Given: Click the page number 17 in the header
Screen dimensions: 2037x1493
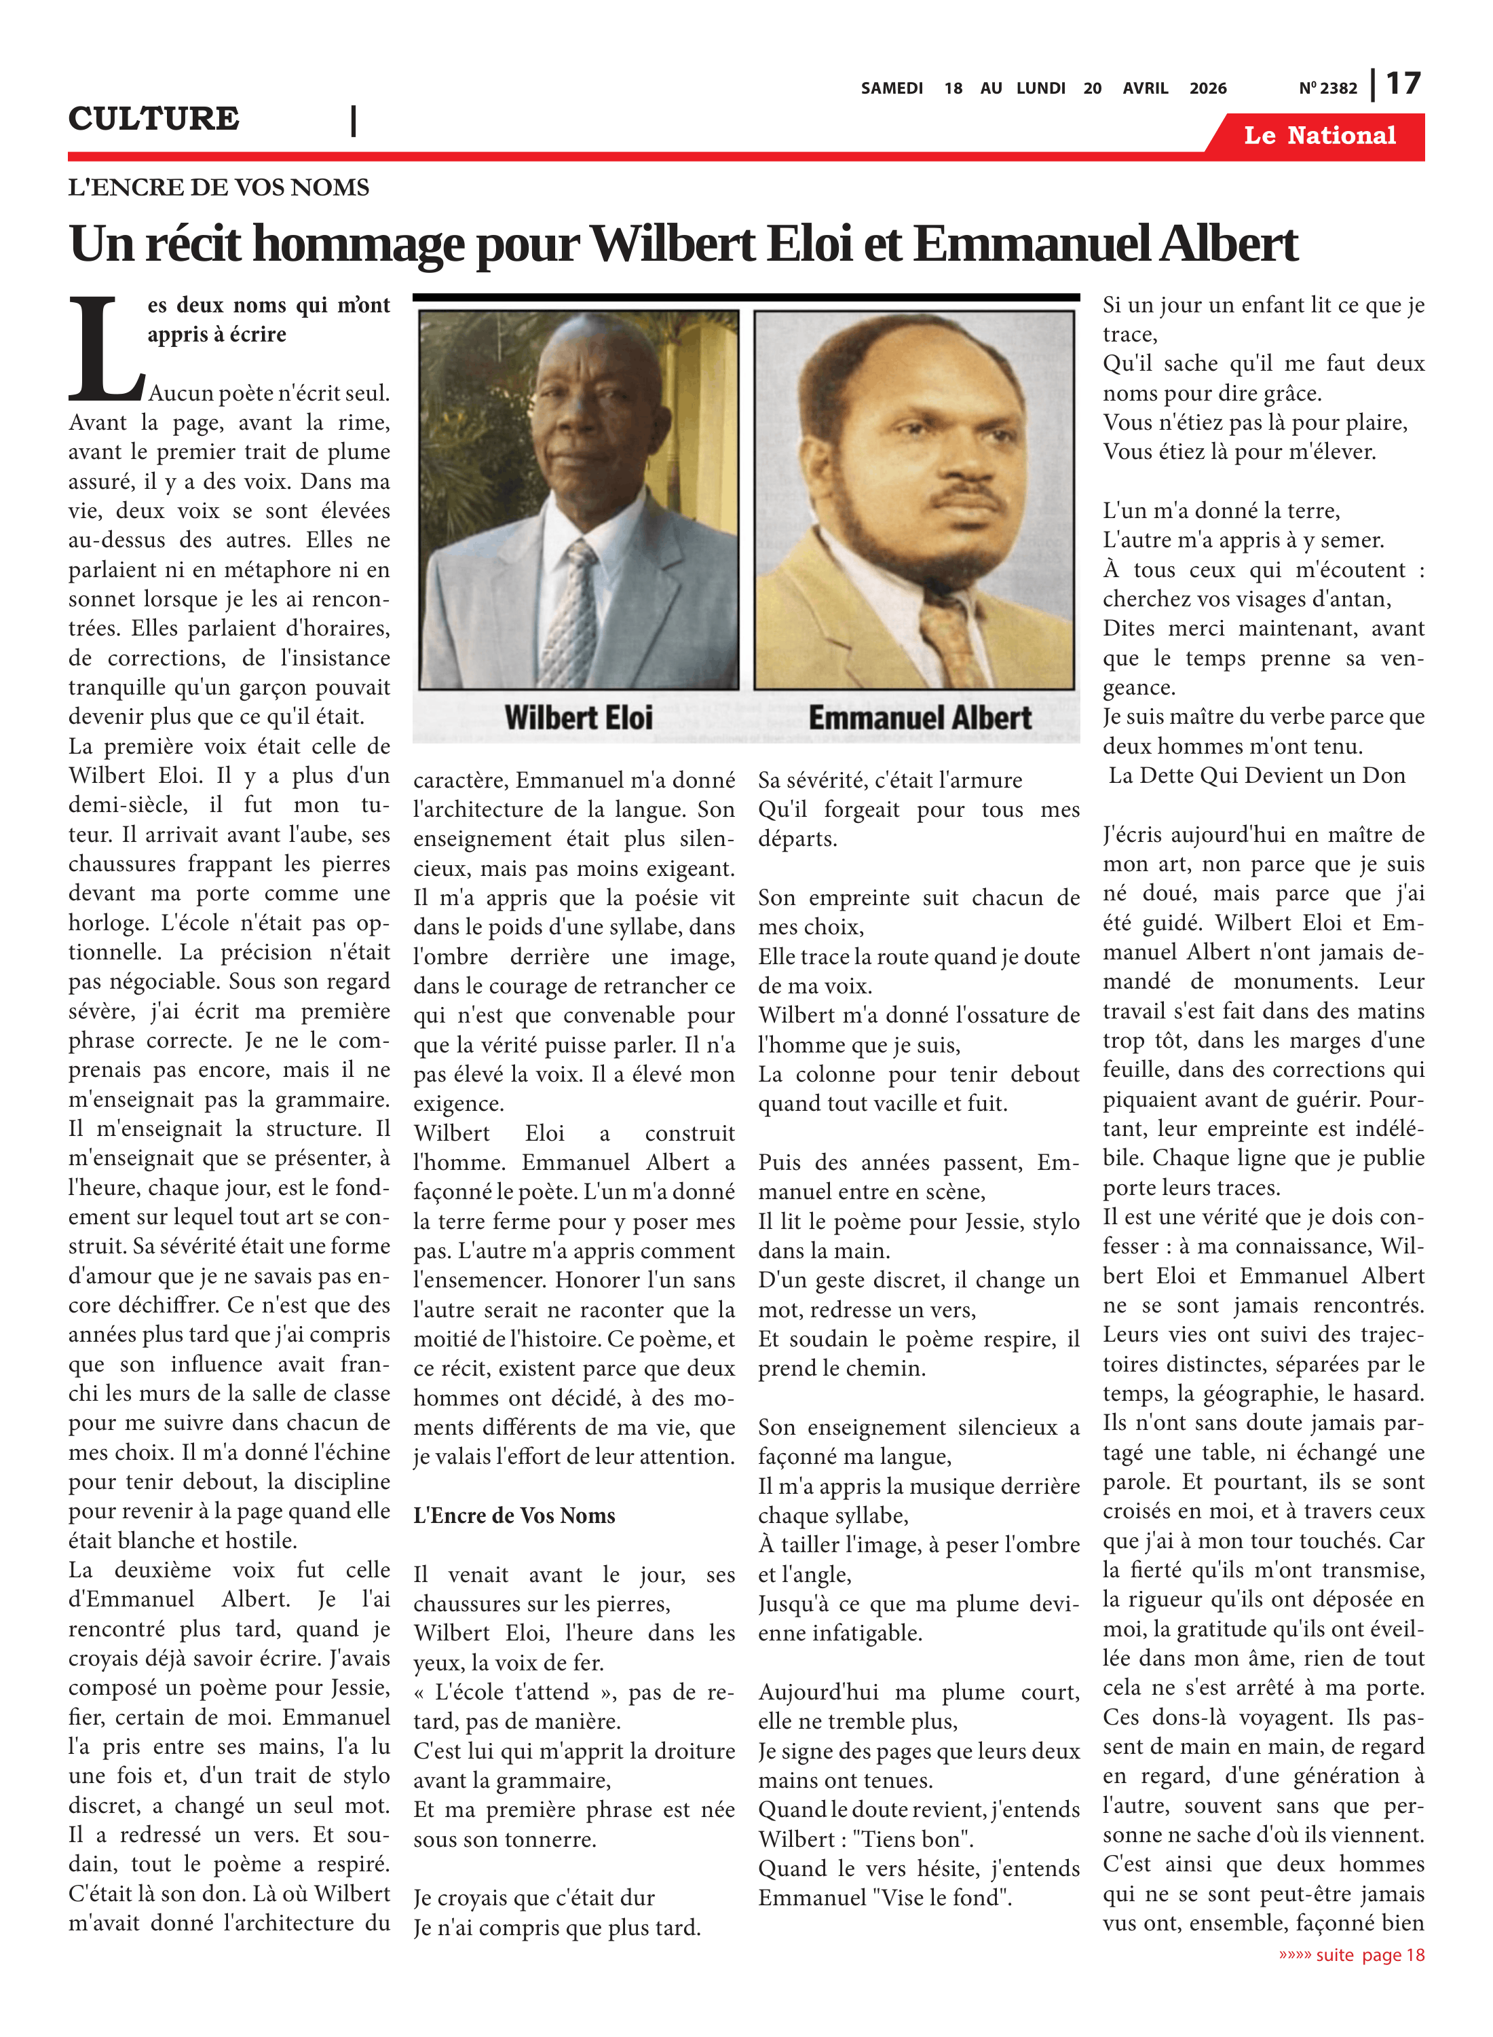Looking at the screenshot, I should point(1403,84).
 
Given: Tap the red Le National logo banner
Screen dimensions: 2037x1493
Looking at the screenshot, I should point(1319,136).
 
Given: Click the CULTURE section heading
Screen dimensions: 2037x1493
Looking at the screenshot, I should point(153,118).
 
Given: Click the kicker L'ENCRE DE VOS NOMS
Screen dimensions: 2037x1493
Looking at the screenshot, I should point(219,187).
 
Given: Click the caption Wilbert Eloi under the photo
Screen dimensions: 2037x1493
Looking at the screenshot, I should point(578,718).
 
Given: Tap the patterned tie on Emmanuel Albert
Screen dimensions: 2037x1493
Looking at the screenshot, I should point(951,642).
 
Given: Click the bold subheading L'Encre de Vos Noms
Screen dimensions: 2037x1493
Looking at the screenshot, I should point(514,1516).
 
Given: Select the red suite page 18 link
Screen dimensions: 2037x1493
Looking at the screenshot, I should point(1351,1955).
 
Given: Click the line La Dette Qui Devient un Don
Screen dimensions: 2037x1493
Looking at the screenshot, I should point(1256,775).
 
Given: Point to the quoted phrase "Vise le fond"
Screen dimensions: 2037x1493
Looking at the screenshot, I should point(943,1898).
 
